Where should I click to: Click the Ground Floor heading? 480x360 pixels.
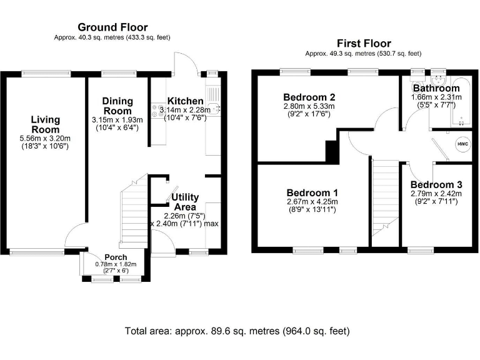coord(112,27)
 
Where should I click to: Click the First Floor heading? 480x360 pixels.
coord(364,43)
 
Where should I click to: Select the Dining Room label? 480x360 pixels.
coord(117,106)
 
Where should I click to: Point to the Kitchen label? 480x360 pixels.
coord(186,101)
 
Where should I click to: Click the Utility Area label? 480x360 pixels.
coord(186,202)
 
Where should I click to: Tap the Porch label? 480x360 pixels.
coord(116,257)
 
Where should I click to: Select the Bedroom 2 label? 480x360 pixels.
coord(309,97)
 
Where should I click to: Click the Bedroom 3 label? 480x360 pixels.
coord(436,185)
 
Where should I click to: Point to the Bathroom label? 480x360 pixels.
coord(436,89)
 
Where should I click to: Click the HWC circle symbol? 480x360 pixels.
coord(462,144)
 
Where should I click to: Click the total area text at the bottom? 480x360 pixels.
coord(237,331)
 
